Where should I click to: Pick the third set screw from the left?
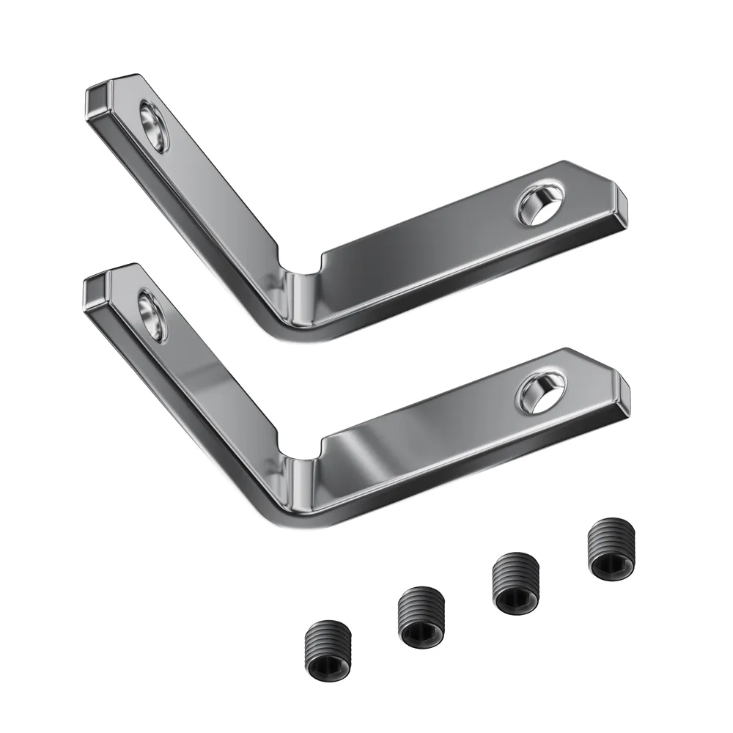click(x=515, y=583)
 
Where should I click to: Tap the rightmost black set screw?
click(x=611, y=550)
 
